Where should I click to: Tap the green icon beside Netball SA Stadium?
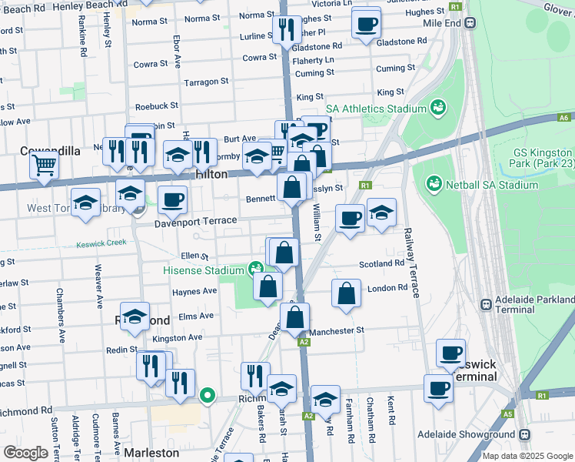click(x=434, y=184)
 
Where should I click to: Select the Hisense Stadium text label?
click(x=203, y=270)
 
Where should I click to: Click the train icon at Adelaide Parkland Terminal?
click(x=486, y=304)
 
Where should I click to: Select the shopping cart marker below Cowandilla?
click(x=45, y=165)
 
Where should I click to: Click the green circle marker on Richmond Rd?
click(x=207, y=397)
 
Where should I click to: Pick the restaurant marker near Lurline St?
click(x=286, y=31)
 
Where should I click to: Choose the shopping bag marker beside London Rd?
click(x=346, y=293)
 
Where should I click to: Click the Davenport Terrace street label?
click(x=196, y=221)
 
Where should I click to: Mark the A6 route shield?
click(x=564, y=118)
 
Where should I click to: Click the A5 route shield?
click(x=507, y=413)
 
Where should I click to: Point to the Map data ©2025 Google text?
click(x=527, y=456)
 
